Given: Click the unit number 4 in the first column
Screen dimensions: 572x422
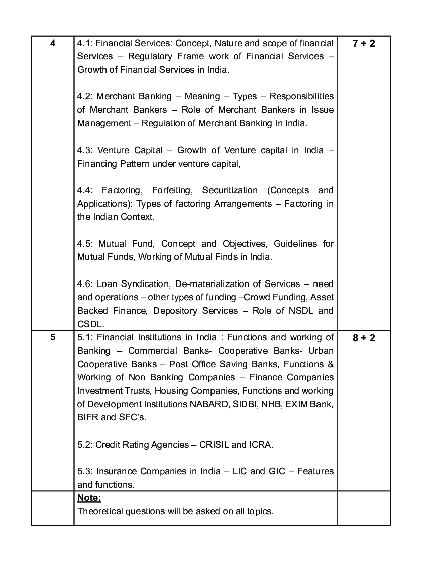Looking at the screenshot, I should (53, 43).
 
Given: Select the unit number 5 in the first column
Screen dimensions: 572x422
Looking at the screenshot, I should (53, 338).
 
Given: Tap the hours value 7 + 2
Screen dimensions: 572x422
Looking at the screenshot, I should (364, 43).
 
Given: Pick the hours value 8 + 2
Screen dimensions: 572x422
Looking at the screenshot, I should (364, 338).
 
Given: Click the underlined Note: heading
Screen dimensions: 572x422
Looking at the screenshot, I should (89, 498).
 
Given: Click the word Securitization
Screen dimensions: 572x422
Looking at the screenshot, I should (230, 190).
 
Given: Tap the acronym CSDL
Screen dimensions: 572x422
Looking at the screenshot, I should (90, 324).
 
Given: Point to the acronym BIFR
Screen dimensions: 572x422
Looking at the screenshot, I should (88, 418).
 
